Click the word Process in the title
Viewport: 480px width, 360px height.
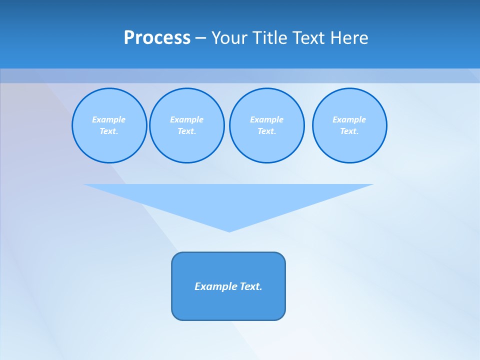157,38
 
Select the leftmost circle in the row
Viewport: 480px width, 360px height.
109,125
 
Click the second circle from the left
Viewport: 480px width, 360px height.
187,125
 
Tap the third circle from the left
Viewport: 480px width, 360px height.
267,125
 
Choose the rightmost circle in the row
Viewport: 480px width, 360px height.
349,125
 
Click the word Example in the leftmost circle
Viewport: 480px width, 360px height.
109,119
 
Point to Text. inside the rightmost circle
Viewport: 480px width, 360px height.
349,131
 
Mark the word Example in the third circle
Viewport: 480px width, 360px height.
267,119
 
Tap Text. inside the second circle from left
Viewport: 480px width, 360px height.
187,131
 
